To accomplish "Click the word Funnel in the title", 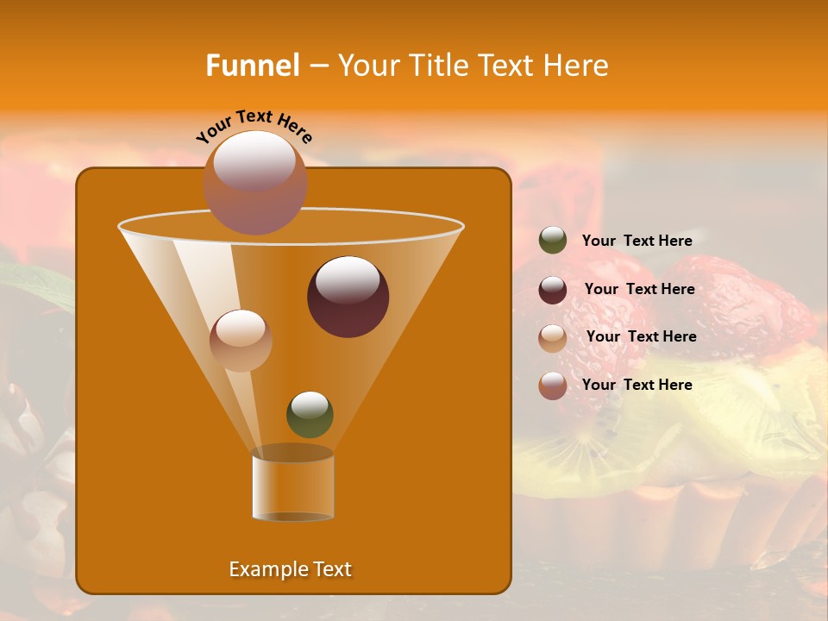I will (252, 66).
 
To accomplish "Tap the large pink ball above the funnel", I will (254, 182).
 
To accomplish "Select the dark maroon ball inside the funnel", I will (348, 297).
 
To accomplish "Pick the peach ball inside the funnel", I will (241, 341).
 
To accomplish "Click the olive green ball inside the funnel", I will (310, 414).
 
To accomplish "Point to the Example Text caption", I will (290, 569).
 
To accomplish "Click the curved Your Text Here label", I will (254, 124).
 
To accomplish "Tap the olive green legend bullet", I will (553, 241).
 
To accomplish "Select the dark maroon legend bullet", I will (553, 290).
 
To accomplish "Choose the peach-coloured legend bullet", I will (553, 337).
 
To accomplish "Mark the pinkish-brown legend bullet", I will (553, 386).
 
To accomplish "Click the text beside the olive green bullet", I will (637, 241).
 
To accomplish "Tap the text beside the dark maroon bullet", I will (639, 289).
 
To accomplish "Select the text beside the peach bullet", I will (641, 336).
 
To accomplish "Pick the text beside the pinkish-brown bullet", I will (637, 385).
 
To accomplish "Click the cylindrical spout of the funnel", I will (292, 487).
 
